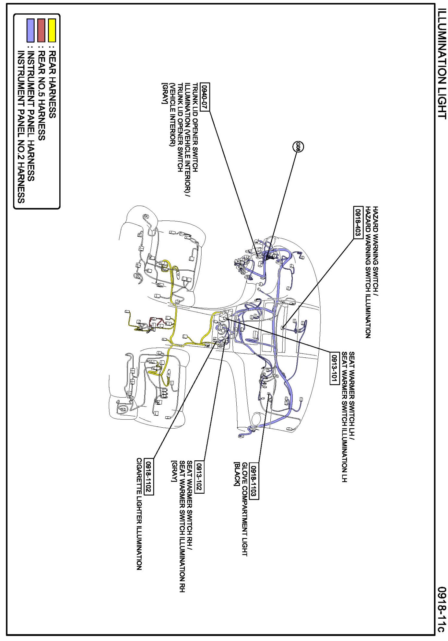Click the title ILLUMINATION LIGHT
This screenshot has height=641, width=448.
click(442, 64)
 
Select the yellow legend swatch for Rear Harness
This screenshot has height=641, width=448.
click(52, 30)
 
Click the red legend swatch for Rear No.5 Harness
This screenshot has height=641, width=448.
click(41, 30)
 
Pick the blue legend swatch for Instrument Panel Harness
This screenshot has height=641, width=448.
click(30, 30)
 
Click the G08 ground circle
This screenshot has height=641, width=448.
click(298, 147)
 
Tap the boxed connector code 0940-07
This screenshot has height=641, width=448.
click(205, 97)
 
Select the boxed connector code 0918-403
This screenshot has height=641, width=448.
click(358, 222)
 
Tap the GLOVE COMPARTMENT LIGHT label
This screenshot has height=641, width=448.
click(245, 509)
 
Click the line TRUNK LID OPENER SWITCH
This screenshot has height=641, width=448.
click(195, 128)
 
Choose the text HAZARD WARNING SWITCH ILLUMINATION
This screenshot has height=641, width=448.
click(368, 272)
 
